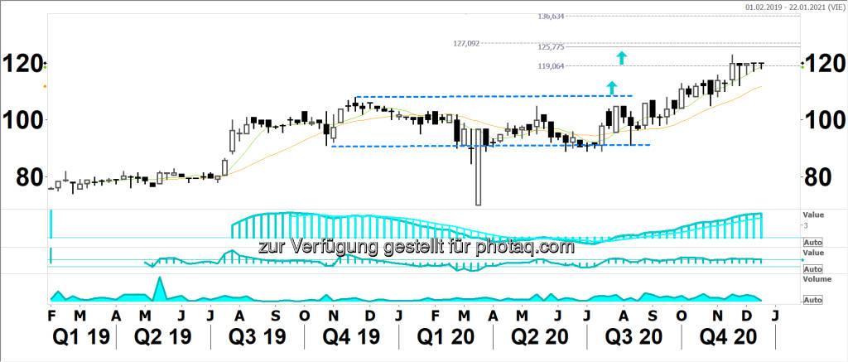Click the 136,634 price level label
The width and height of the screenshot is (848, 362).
[x=551, y=17]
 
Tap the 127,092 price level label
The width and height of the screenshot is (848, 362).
[x=467, y=44]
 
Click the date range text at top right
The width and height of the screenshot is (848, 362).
[x=795, y=7]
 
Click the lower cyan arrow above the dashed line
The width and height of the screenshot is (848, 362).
[x=611, y=87]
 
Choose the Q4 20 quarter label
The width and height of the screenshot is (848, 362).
[x=729, y=340]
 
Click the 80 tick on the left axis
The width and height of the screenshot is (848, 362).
[x=22, y=177]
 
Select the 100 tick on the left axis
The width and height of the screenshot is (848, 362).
[x=22, y=121]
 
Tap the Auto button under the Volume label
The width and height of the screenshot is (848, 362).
[x=812, y=299]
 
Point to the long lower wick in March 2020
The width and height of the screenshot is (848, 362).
[x=477, y=178]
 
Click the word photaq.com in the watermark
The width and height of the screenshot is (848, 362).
[x=526, y=247]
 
